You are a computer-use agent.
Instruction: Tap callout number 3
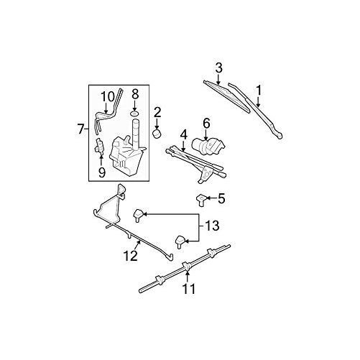[219, 68]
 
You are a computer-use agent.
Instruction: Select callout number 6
[206, 123]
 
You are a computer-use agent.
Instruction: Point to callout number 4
[183, 134]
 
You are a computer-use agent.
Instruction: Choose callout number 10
[106, 96]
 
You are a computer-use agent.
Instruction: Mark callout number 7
[81, 129]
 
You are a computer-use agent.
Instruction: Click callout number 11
[189, 290]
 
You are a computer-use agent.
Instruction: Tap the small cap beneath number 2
[157, 134]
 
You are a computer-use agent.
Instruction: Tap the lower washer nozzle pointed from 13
[181, 241]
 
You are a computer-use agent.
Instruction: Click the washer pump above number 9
[101, 149]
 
